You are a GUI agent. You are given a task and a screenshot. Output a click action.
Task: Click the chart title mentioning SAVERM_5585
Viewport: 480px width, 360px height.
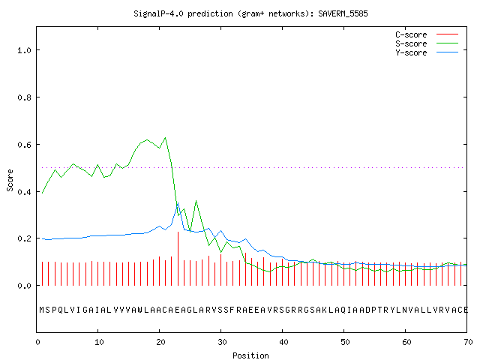[250, 13]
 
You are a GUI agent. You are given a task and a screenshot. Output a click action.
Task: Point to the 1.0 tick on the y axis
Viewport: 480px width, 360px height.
[25, 50]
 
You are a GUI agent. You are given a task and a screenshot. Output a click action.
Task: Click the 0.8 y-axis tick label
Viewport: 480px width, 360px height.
[25, 97]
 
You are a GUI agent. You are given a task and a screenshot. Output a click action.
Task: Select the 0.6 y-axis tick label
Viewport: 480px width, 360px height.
[25, 145]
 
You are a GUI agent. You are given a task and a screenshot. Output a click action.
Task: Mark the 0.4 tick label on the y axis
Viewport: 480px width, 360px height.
[25, 192]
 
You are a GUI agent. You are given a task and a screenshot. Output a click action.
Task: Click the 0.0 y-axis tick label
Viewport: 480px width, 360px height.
[25, 286]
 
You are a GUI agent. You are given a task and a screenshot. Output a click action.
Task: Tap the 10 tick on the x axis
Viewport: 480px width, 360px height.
[99, 342]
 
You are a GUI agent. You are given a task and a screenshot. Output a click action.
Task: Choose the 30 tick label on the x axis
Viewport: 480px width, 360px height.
[222, 342]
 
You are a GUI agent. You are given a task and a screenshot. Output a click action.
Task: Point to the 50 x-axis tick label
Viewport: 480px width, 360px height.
[345, 342]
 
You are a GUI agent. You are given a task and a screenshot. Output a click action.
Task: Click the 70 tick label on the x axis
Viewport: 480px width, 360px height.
[468, 342]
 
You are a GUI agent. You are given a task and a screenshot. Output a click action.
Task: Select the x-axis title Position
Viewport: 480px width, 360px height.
[250, 355]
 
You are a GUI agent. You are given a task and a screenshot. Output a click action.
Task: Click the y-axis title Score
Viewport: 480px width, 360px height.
[10, 180]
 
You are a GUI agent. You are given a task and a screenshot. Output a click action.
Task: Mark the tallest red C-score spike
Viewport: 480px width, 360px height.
[178, 259]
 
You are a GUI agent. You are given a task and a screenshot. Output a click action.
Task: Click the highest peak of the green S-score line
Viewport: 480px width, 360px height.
[166, 138]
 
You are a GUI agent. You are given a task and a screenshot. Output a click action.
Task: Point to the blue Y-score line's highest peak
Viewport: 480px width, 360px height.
[178, 203]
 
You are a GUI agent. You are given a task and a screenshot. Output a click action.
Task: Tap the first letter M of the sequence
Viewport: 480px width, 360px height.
[42, 310]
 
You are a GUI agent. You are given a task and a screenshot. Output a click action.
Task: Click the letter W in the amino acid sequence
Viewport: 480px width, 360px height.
[140, 310]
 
